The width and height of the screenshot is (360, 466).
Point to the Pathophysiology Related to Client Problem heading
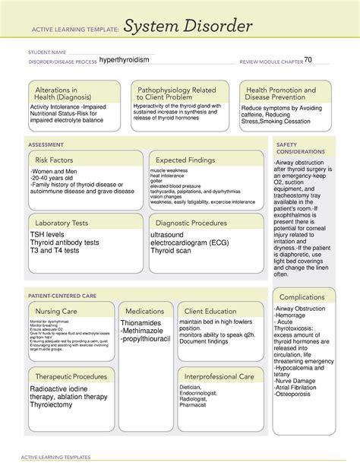coord(176,94)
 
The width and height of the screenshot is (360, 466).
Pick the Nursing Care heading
coord(55,311)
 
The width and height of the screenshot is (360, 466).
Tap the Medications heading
coord(144,311)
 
